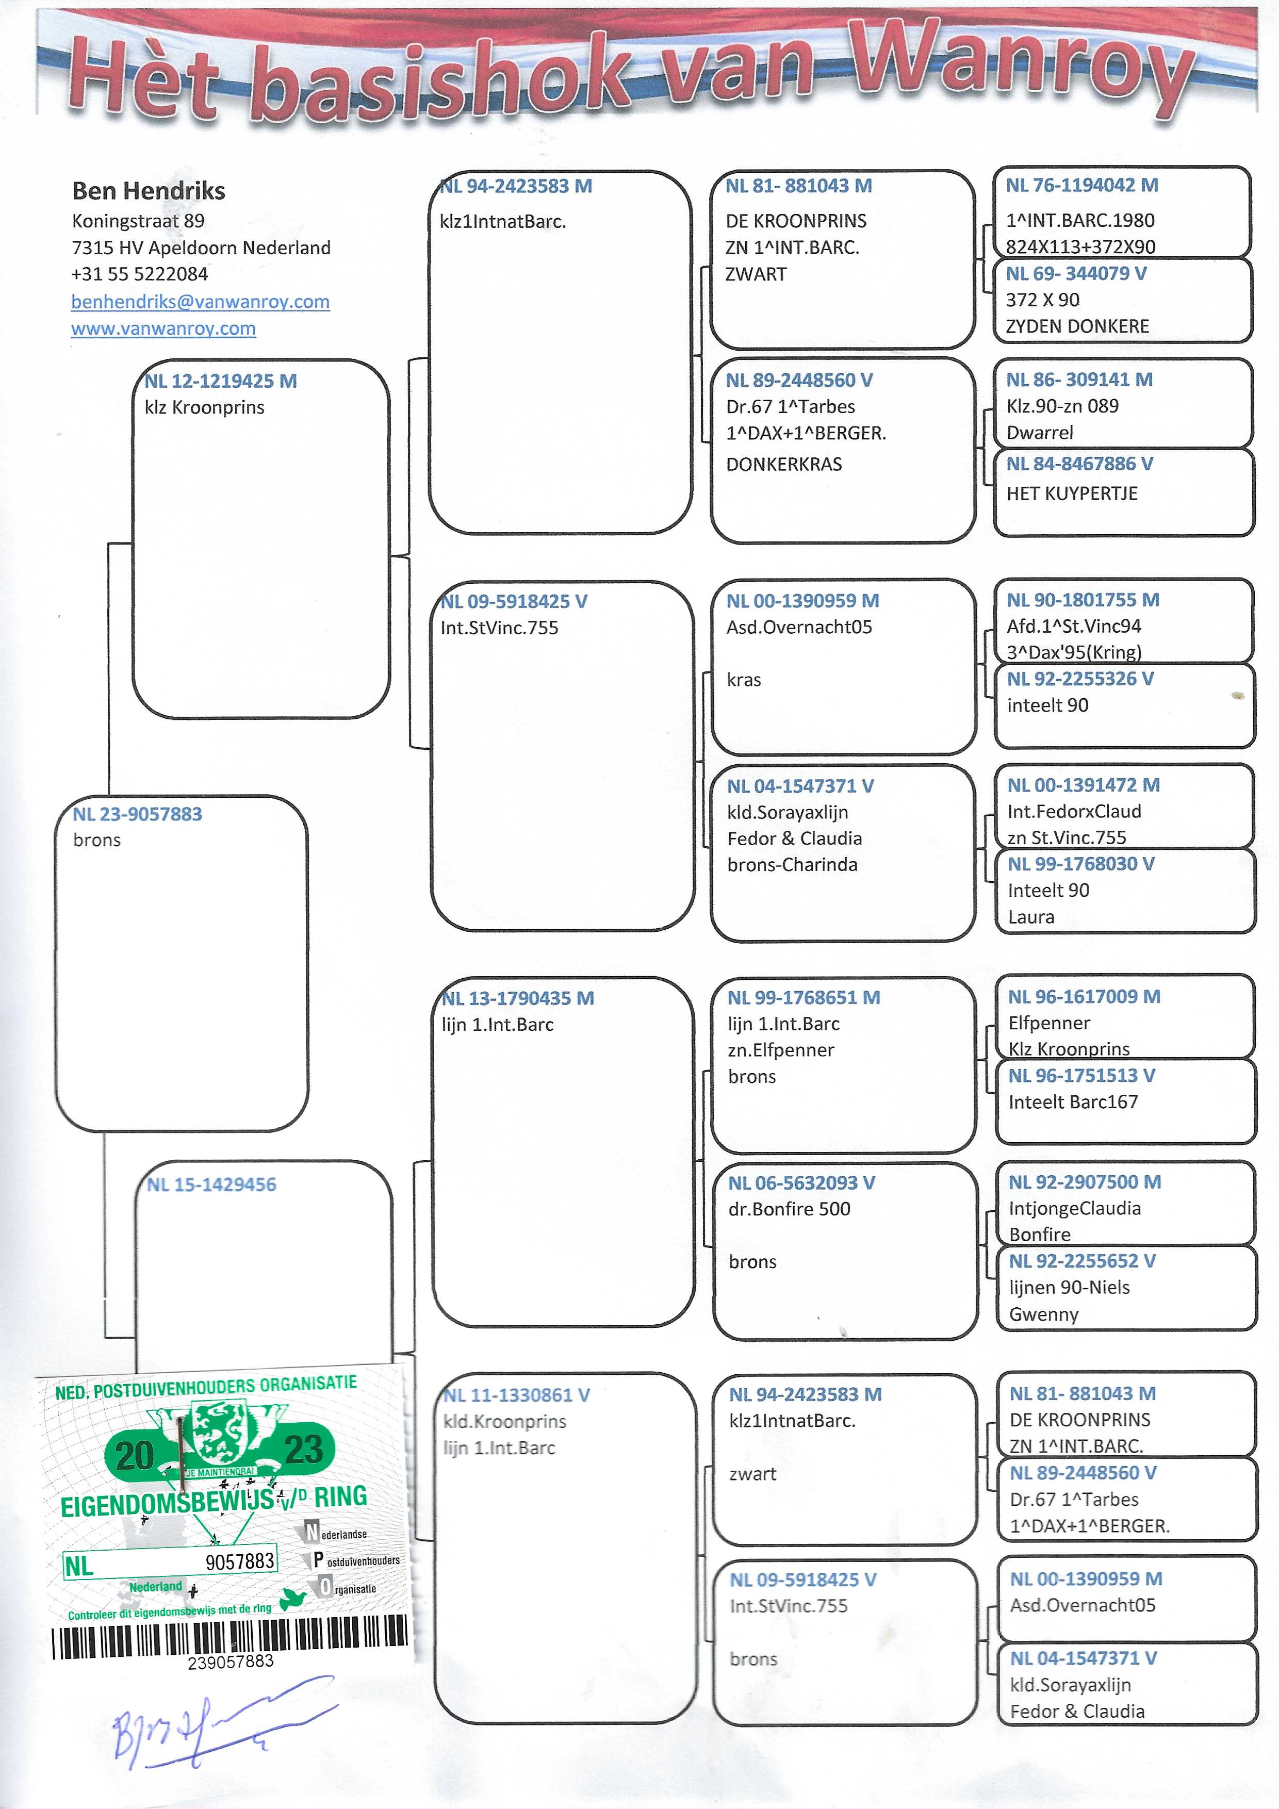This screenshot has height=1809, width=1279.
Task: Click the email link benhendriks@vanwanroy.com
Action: tap(200, 302)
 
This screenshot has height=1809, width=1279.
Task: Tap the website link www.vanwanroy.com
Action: tap(163, 328)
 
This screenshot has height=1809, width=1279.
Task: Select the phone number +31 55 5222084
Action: tap(139, 274)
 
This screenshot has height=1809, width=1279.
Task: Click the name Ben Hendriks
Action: tap(148, 191)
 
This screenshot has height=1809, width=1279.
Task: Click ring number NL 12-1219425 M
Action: tap(221, 381)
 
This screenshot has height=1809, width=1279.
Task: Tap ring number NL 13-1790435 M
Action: tap(518, 998)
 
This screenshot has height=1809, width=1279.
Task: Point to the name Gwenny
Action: tap(1043, 1314)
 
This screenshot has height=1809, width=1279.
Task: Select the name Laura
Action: tap(1031, 917)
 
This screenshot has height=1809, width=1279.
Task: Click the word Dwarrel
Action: tap(1039, 433)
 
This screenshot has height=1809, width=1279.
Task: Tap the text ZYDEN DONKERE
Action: tap(1077, 326)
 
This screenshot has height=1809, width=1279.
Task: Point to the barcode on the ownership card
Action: tap(230, 1637)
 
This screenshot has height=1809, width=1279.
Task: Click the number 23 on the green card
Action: tap(303, 1450)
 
